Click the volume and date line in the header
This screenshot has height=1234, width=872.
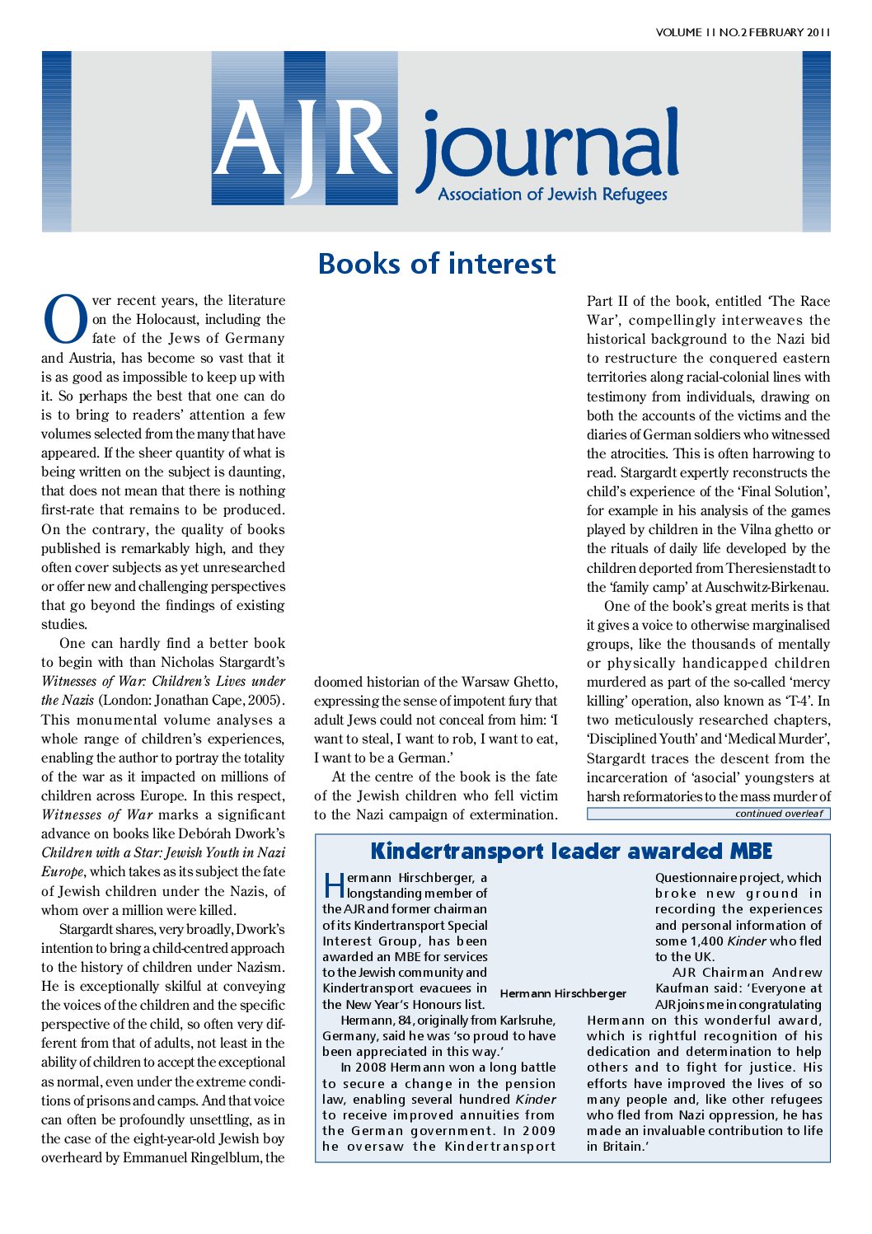pyautogui.click(x=743, y=33)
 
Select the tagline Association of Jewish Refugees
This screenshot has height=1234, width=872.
pyautogui.click(x=552, y=195)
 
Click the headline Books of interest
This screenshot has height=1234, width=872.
pyautogui.click(x=436, y=264)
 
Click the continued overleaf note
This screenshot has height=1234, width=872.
pyautogui.click(x=779, y=814)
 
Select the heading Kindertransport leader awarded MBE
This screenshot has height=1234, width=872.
pyautogui.click(x=571, y=851)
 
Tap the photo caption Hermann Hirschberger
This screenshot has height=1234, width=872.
pyautogui.click(x=563, y=993)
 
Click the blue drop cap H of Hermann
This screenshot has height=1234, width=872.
pyautogui.click(x=334, y=884)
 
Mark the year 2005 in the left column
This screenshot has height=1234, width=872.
pyautogui.click(x=263, y=701)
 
